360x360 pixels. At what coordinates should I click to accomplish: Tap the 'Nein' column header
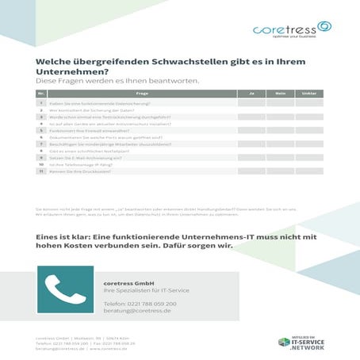pos(280,94)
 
